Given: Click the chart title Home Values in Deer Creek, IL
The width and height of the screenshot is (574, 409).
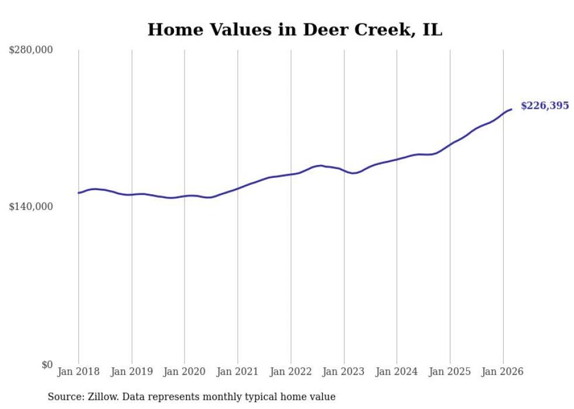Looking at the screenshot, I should (x=295, y=30).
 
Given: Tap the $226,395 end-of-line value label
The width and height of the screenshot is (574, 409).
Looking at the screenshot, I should (x=544, y=106).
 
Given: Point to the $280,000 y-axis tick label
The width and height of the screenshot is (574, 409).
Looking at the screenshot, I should (x=30, y=50).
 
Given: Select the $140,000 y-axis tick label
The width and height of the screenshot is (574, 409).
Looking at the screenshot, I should (x=30, y=207).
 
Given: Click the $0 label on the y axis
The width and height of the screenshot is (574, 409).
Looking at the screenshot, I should (x=47, y=365).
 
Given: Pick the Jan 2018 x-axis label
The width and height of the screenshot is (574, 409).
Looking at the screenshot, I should (x=78, y=372).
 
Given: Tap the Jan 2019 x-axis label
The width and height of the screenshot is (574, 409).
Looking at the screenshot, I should (x=132, y=372).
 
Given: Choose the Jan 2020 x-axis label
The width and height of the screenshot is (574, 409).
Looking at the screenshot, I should (x=184, y=372).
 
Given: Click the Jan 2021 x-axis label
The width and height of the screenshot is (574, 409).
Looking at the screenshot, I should (x=238, y=372).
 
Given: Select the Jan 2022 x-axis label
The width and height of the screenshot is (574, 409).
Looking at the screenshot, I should (x=291, y=372).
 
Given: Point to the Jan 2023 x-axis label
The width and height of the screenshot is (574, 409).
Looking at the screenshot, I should (x=344, y=372).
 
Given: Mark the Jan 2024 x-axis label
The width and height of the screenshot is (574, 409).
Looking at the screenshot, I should (x=397, y=372).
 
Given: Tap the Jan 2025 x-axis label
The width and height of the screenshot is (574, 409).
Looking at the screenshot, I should (x=450, y=372).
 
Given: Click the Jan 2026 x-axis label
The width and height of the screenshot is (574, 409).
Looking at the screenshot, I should (x=503, y=372).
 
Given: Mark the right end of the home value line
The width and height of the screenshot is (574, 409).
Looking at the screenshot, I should (x=511, y=109).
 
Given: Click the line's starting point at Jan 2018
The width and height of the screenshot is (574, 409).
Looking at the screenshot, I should (x=78, y=193).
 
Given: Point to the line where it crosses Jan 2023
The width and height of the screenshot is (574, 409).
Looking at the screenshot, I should (x=344, y=171).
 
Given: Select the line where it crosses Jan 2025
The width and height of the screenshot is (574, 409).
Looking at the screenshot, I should (x=450, y=144).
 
